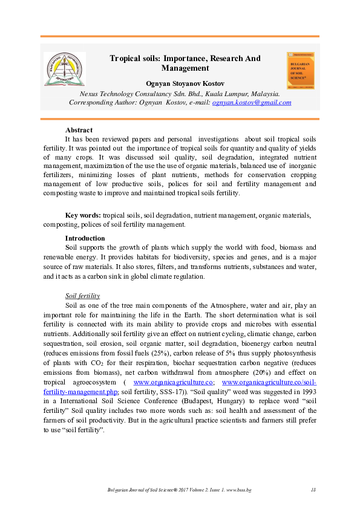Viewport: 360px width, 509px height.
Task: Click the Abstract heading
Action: pos(78,130)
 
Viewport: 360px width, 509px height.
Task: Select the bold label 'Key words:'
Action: pos(83,216)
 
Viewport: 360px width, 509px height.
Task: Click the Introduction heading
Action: pos(85,239)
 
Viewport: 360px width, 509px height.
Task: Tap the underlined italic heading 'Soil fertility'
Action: pos(82,296)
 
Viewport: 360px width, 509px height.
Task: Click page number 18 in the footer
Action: pos(313,489)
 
